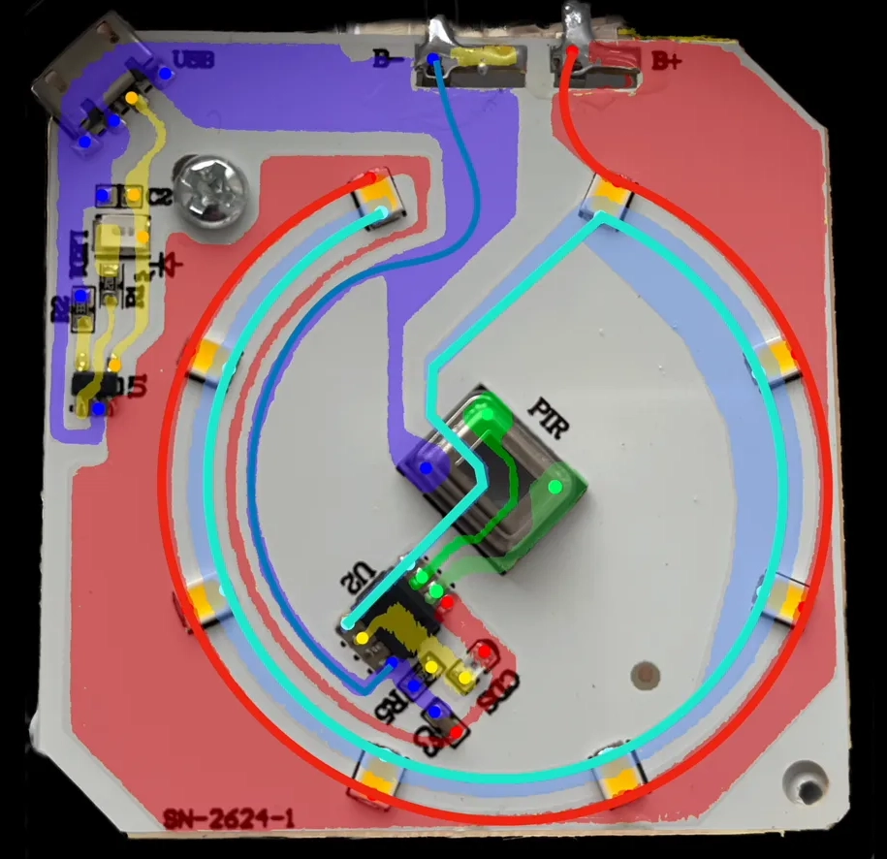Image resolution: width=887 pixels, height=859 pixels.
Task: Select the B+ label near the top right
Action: point(666,61)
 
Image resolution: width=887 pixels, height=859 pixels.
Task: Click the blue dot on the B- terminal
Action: point(433,59)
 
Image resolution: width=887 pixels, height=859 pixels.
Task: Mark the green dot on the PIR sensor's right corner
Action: point(555,486)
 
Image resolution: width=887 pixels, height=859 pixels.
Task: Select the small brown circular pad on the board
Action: point(641,673)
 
